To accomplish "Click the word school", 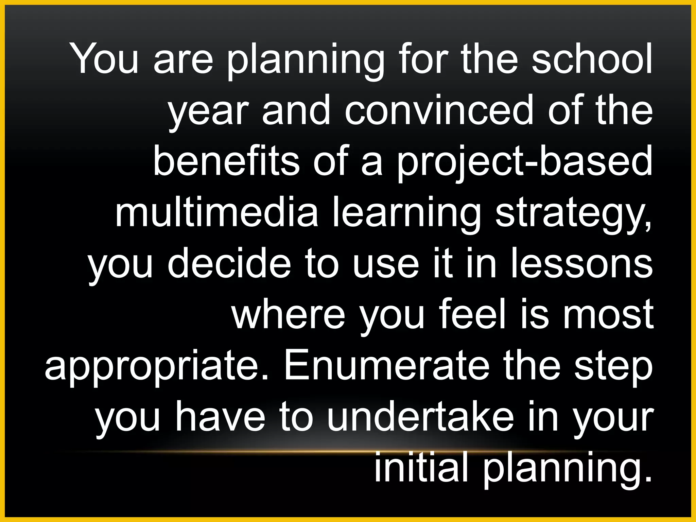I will [x=592, y=58].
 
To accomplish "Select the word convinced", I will [x=438, y=109].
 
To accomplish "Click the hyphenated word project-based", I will [x=525, y=161].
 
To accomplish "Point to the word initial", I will [x=420, y=467].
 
